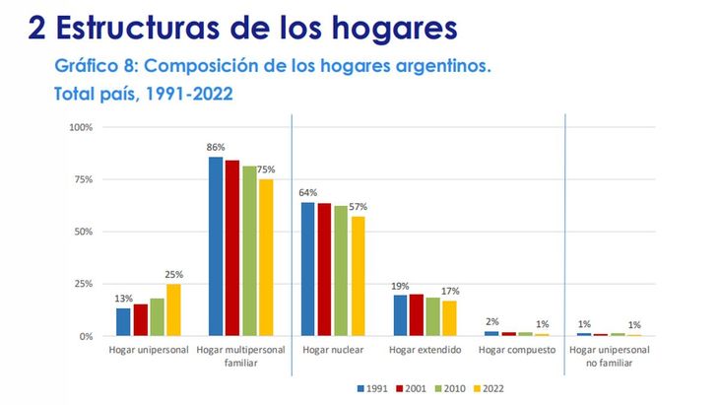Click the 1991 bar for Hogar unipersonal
point(123,322)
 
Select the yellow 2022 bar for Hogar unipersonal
point(173,310)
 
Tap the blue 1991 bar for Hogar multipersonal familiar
point(216,246)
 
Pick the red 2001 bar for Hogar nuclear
point(324,269)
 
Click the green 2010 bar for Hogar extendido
point(433,316)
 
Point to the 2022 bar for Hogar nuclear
point(358,276)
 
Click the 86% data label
point(215,148)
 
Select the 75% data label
point(266,169)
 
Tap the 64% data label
point(308,193)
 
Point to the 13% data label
point(123,299)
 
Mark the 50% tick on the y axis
point(83,232)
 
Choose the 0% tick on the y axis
point(86,336)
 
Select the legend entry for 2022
point(490,387)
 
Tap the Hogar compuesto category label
point(517,351)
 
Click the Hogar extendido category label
point(425,351)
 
